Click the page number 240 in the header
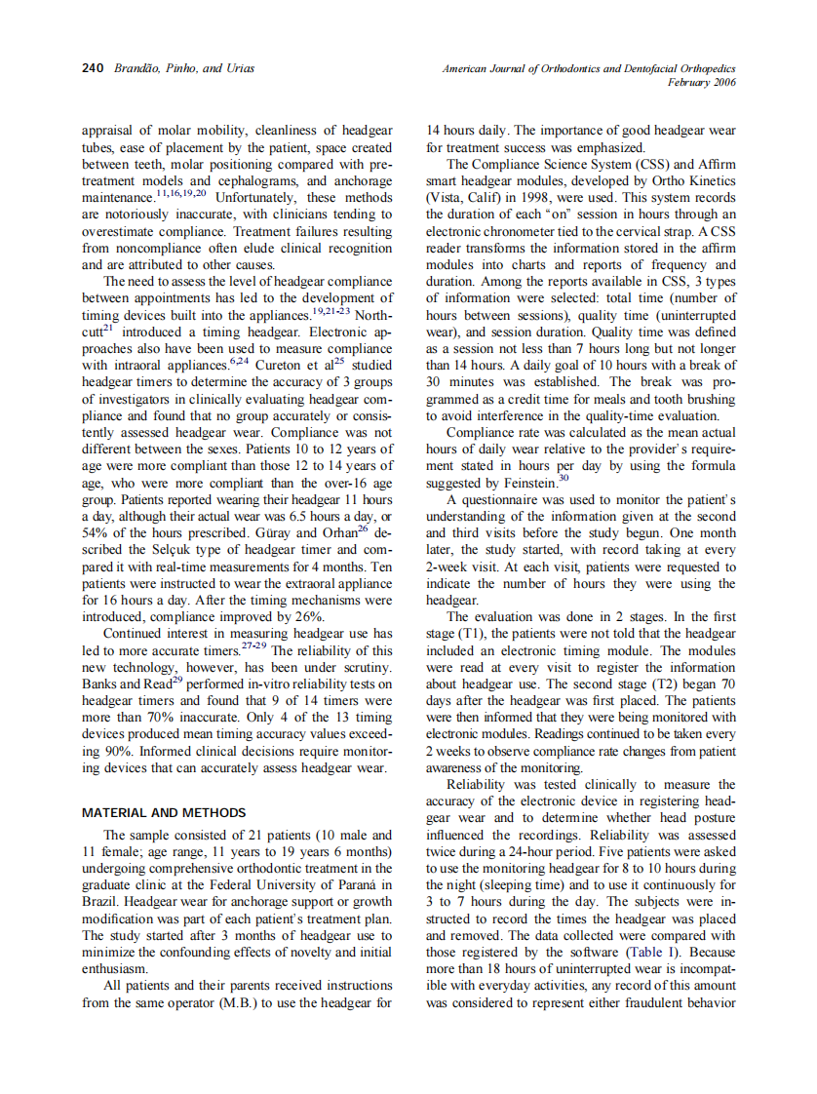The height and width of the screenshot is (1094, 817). [x=92, y=69]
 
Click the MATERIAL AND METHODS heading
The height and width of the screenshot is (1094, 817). [x=164, y=812]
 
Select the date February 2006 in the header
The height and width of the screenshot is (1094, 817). [x=701, y=83]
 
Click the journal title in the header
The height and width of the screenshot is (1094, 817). [x=588, y=69]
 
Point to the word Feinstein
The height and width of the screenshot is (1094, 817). [x=527, y=483]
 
